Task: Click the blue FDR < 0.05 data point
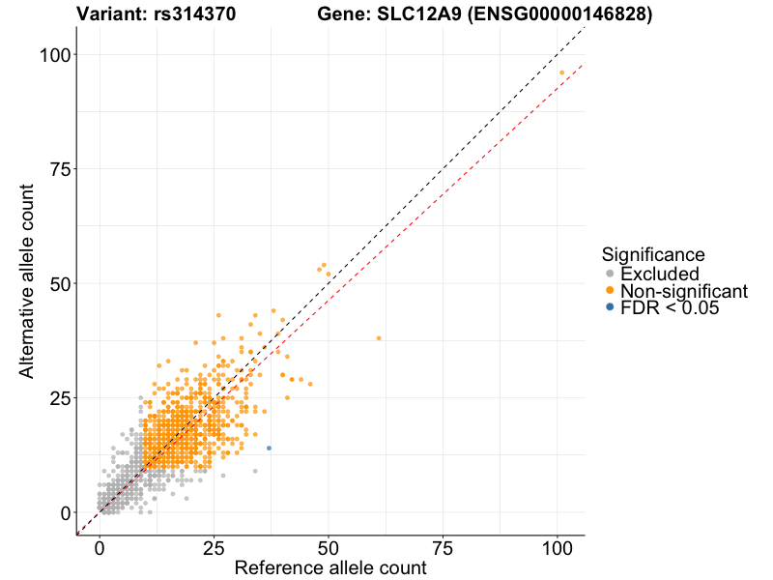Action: (x=269, y=448)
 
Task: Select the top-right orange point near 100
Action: (x=561, y=72)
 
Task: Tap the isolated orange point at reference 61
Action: (x=379, y=338)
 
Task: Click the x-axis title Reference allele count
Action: (x=330, y=567)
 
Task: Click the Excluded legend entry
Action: (x=659, y=275)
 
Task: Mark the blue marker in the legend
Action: (x=609, y=307)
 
